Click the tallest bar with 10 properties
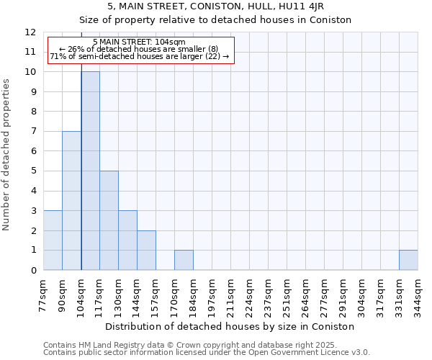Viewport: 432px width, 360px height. (x=90, y=171)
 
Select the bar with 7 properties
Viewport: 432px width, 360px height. (x=71, y=200)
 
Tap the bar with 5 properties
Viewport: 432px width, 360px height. (x=109, y=220)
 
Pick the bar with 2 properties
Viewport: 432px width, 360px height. (x=146, y=250)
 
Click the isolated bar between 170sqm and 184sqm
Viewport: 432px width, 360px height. (x=184, y=260)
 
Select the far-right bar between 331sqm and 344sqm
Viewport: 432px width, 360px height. (x=408, y=260)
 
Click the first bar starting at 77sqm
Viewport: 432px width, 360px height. (x=53, y=240)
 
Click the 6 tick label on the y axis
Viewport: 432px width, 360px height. (x=33, y=151)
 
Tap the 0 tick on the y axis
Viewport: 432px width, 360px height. (x=33, y=270)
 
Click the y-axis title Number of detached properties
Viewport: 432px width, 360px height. (x=7, y=155)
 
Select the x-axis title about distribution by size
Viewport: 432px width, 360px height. (x=230, y=326)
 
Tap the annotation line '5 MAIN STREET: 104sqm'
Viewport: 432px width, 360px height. (x=140, y=42)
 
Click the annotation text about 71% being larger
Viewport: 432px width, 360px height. (x=140, y=56)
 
